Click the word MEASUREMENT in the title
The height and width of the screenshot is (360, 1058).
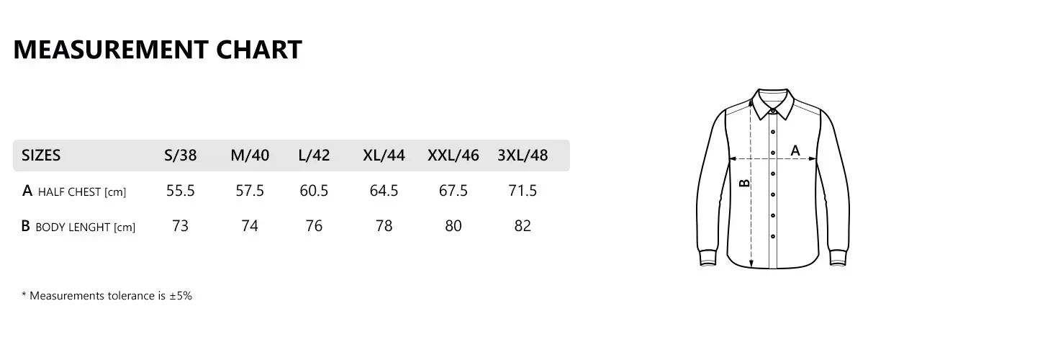[x=111, y=50]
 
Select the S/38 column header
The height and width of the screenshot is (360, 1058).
[x=181, y=155]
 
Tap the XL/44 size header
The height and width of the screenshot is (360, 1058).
[x=384, y=155]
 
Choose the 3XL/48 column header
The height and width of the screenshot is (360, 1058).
[x=523, y=155]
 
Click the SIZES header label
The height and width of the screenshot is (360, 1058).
[x=41, y=155]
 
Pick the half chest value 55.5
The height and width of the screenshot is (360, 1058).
[x=181, y=190]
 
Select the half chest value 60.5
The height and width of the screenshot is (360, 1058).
[x=314, y=190]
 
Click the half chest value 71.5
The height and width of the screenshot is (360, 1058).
[x=523, y=190]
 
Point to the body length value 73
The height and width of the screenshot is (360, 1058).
[x=181, y=226]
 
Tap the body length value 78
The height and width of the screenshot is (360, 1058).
[x=384, y=226]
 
